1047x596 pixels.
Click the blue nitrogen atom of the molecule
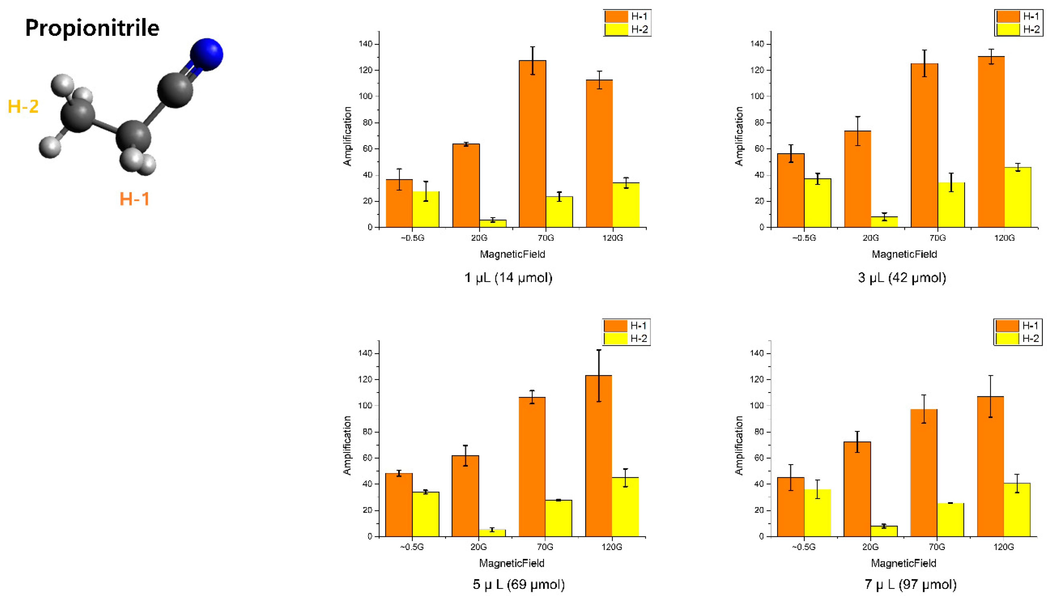206,54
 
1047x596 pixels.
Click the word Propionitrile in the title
92,28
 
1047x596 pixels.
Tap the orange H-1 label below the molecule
134,199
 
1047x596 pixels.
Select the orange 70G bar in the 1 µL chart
532,143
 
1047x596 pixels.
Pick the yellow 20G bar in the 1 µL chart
493,223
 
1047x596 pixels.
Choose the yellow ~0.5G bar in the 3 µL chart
817,203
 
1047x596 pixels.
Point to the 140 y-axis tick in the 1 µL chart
365,44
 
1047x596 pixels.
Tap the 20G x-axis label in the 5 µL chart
478,547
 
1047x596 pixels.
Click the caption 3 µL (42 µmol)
902,278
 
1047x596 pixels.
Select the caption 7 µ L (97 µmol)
910,584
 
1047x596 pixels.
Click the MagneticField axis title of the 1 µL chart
512,254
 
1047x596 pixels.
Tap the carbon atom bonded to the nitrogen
175,90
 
